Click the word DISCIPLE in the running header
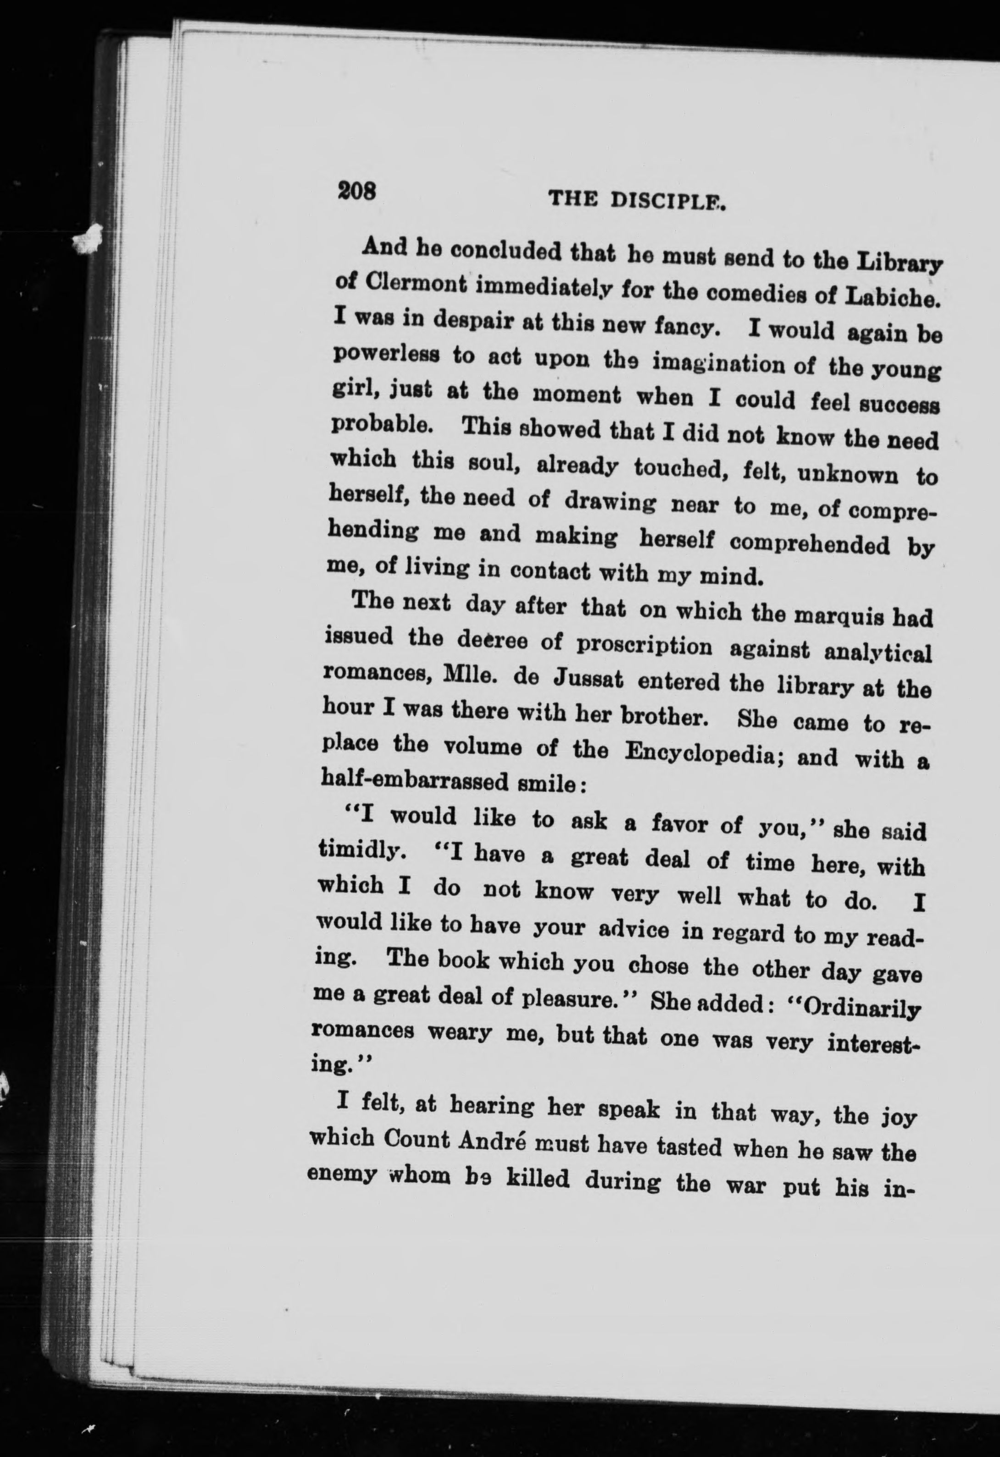tap(668, 200)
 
